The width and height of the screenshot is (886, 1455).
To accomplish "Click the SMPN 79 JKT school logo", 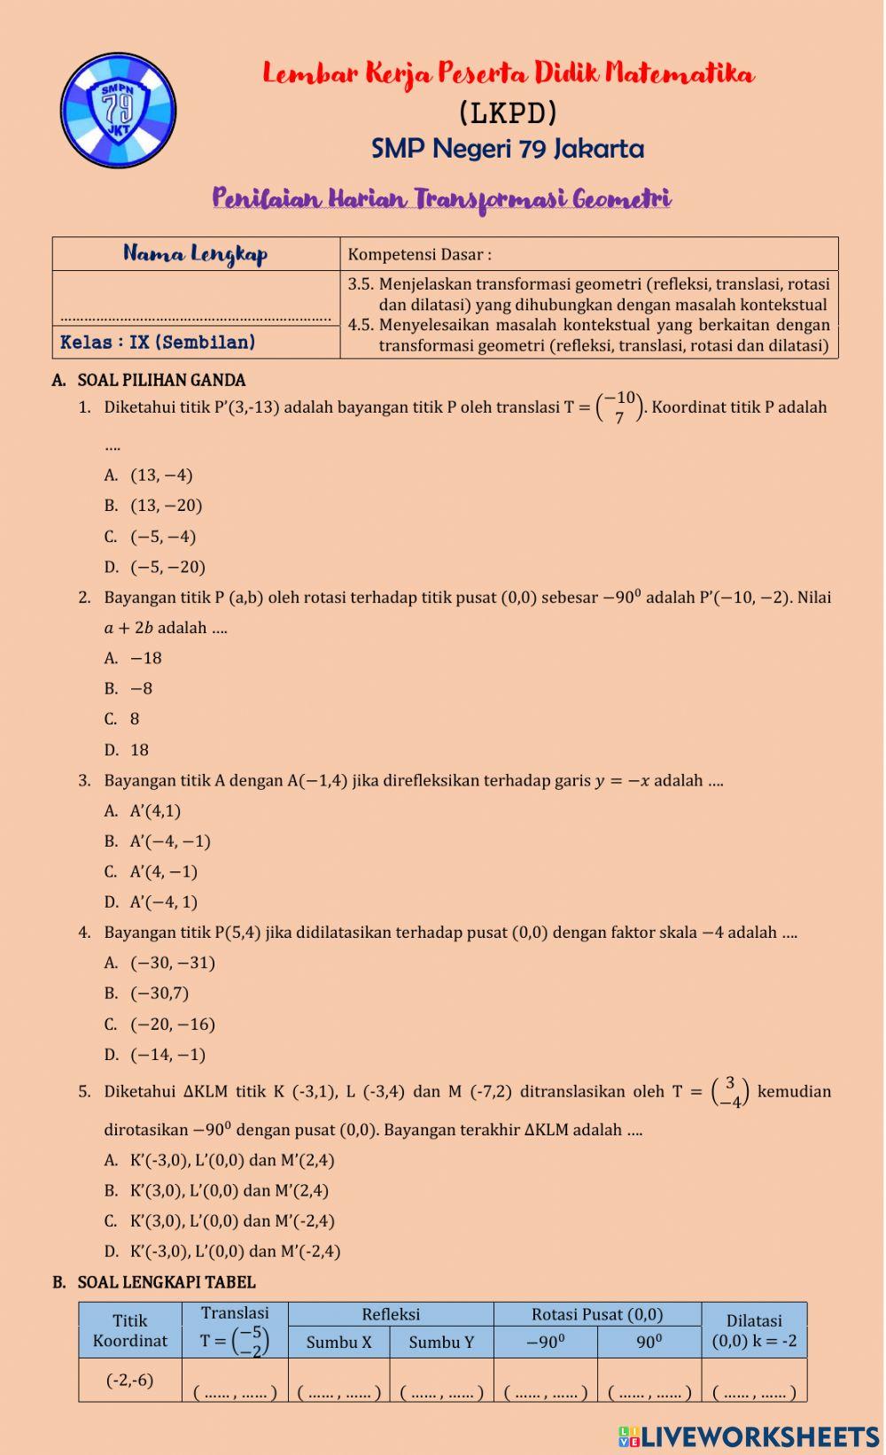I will (x=118, y=111).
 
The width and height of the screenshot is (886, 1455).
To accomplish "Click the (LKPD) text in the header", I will (x=508, y=112).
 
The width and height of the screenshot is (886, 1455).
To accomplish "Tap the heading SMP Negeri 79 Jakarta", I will (x=507, y=148).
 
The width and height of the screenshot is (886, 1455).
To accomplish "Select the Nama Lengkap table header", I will (x=196, y=254).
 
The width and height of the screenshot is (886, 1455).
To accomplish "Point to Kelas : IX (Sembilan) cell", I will (x=158, y=342).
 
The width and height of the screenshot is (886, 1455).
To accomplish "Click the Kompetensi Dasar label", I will (x=419, y=255).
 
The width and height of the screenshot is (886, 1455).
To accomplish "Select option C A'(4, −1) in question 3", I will (x=163, y=871).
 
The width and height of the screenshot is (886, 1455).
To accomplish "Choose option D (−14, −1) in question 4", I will (x=167, y=1055).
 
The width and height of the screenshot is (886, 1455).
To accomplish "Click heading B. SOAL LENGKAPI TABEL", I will (x=166, y=1282).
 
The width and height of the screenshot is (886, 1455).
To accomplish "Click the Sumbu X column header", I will (x=338, y=1343).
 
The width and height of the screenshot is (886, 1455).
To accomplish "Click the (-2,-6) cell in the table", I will (x=129, y=1380).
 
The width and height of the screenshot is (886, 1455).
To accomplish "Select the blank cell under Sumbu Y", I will (x=441, y=1392).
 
